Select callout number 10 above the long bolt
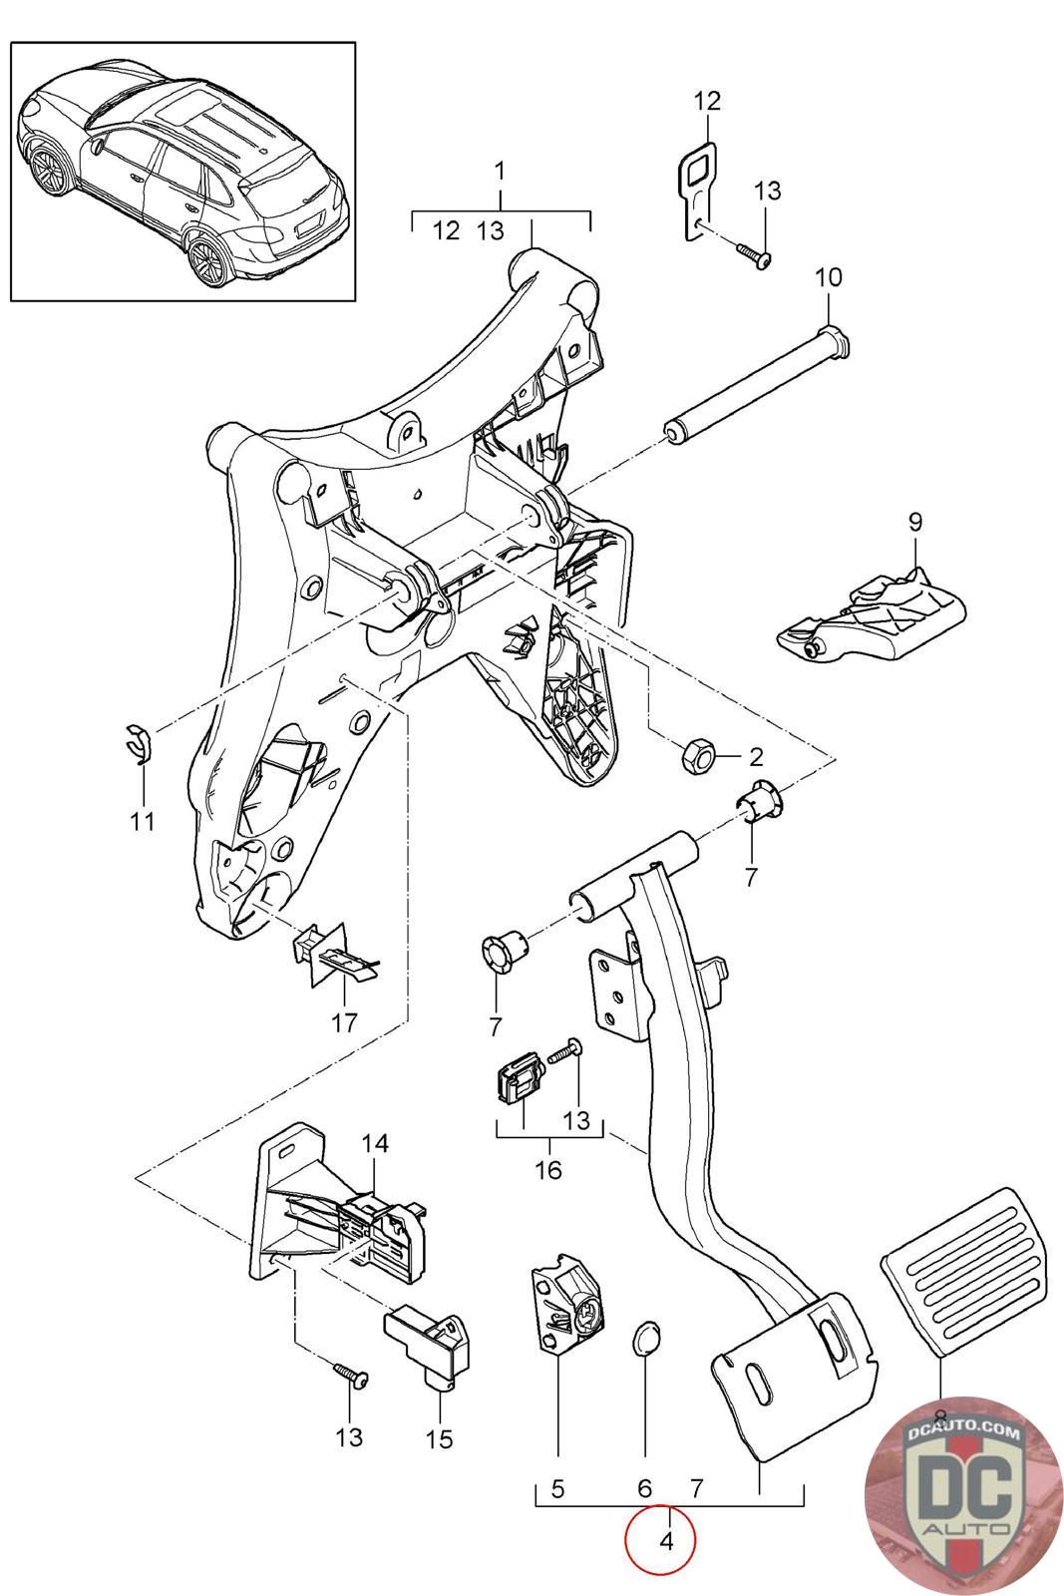tap(829, 277)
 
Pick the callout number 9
tap(916, 521)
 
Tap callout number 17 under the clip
tap(345, 1022)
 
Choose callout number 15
tap(439, 1438)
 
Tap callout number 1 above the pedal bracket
tap(501, 171)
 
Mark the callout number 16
tap(549, 1168)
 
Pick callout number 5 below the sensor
tap(557, 1490)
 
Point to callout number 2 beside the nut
tap(755, 757)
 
